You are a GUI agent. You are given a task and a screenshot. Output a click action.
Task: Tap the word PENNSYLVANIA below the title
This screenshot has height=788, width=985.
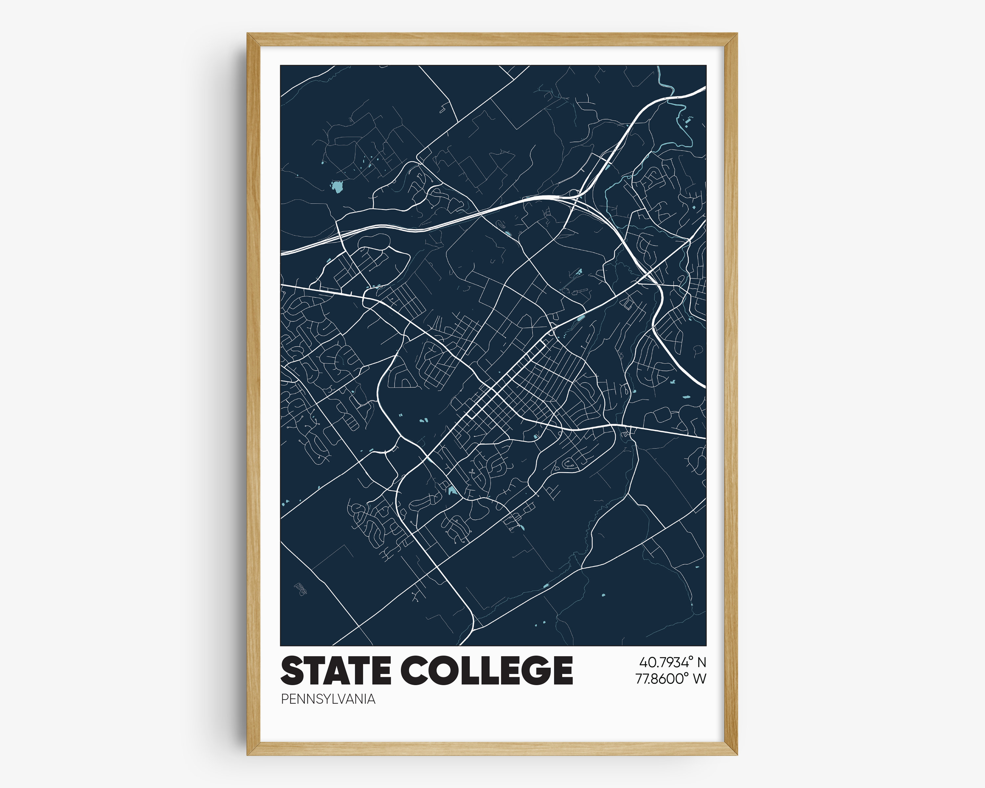pos(328,699)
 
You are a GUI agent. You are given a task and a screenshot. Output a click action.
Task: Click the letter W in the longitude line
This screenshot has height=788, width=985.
pos(699,679)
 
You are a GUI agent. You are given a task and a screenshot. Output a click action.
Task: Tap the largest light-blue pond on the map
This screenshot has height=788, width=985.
pos(337,186)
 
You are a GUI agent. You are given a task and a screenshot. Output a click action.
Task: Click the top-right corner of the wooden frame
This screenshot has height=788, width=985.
pos(736,34)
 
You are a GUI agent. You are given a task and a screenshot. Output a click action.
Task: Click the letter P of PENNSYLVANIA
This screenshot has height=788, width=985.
pos(284,699)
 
